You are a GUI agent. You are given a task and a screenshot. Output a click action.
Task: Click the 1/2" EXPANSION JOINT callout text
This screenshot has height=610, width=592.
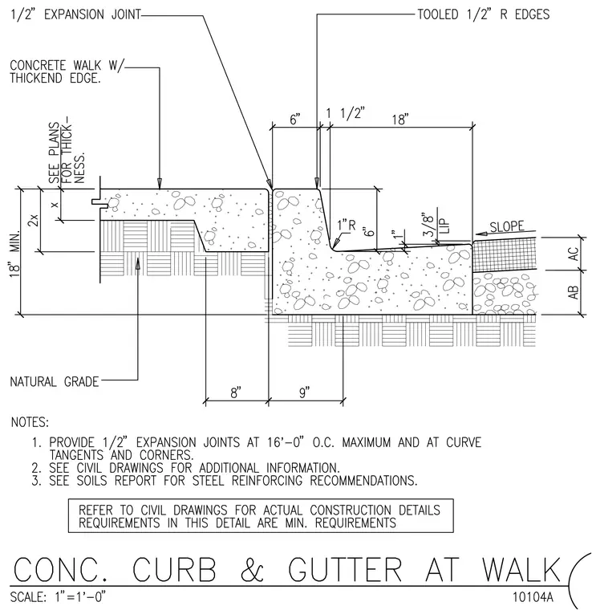coord(75,14)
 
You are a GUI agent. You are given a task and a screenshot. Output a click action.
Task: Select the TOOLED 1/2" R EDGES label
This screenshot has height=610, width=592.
coord(484,14)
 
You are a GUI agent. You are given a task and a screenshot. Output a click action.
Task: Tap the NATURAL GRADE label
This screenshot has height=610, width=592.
coord(55,381)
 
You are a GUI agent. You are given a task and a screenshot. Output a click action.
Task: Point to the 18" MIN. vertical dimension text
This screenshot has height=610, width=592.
coord(14,254)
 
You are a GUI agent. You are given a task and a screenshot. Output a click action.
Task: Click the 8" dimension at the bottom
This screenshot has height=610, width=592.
coord(236,392)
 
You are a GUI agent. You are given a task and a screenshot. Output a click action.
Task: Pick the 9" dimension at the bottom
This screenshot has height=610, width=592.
coord(304,392)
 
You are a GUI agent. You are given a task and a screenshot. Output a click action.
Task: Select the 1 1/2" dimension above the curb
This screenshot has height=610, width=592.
coord(345,113)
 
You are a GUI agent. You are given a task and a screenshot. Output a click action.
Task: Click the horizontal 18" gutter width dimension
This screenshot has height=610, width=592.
coord(400,119)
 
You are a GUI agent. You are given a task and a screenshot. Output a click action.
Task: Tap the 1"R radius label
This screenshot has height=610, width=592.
coord(347,225)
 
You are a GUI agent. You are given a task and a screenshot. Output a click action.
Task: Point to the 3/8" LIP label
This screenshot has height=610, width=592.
coord(436,225)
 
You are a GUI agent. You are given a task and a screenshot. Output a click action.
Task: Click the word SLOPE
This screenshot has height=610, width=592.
coord(507,226)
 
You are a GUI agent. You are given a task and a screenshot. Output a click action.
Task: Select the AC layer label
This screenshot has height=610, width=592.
coord(574,254)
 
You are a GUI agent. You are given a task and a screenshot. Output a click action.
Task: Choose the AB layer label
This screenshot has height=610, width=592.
coord(574,292)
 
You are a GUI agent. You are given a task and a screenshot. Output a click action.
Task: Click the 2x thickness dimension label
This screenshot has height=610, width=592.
coord(34,220)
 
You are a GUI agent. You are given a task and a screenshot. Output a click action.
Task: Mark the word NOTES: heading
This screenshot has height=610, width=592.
coord(30,422)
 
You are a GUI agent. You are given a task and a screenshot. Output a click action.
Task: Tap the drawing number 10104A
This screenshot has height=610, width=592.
coord(533,597)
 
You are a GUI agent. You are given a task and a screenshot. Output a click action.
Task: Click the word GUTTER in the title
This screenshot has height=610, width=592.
coord(345,570)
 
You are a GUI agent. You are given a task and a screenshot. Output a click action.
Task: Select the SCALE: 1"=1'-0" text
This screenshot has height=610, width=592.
coord(58,597)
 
